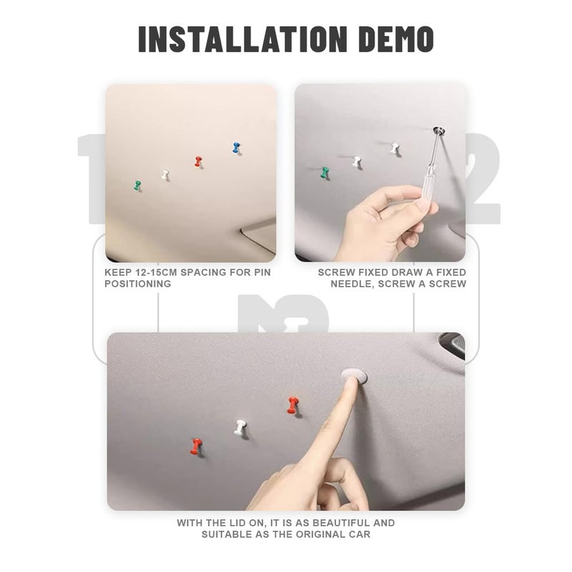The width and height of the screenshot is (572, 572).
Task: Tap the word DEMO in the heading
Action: [396, 39]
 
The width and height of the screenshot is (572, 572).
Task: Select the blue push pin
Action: [237, 148]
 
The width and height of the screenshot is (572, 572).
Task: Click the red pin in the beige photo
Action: [198, 162]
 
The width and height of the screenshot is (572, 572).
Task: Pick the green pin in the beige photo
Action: [137, 185]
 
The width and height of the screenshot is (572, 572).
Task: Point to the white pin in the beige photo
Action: [165, 174]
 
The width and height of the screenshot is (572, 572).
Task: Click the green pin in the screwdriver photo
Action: [325, 172]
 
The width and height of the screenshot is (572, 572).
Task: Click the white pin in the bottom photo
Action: [240, 427]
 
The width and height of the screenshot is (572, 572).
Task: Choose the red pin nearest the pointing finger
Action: [292, 405]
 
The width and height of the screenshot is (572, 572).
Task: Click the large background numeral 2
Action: [483, 178]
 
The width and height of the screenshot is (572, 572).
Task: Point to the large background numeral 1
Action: [92, 178]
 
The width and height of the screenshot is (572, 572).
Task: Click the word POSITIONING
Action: [138, 284]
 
